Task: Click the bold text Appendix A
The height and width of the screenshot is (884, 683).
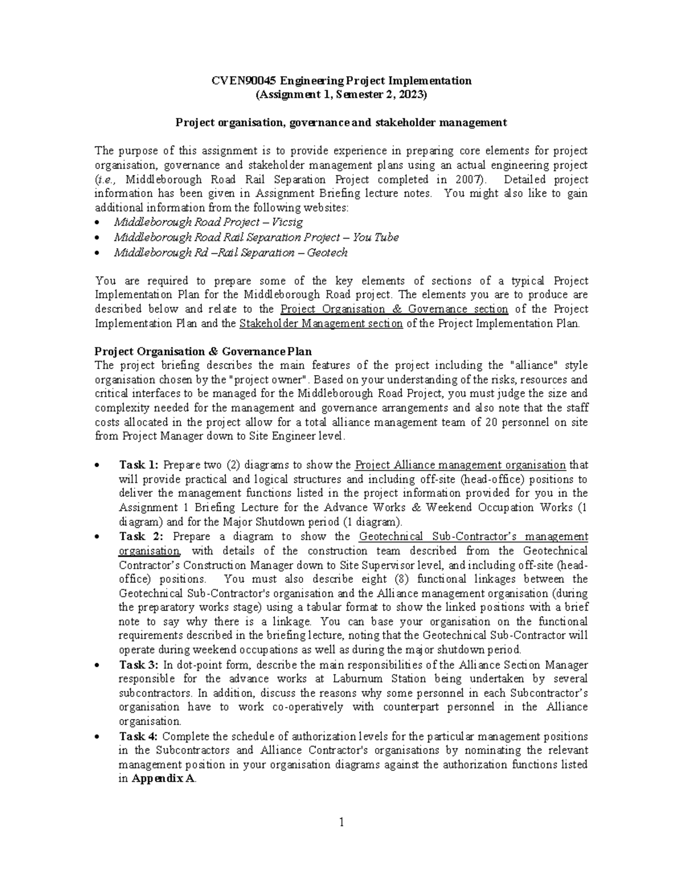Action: [163, 779]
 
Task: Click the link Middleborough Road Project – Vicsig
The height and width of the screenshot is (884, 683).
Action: [208, 222]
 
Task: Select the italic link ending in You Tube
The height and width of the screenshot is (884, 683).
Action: [256, 237]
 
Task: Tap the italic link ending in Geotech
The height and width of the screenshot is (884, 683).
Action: [231, 252]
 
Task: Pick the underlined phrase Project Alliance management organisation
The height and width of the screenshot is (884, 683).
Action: [460, 465]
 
